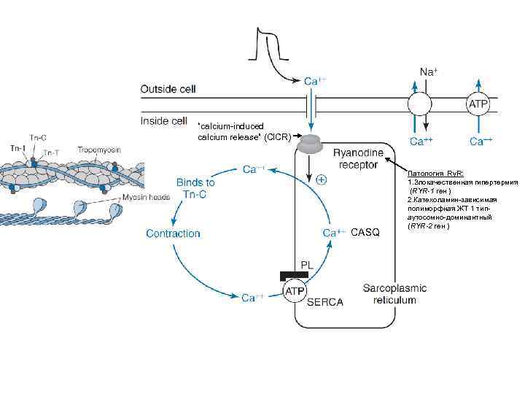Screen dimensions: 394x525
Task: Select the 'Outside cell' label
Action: (168, 90)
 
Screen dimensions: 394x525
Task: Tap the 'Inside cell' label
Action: (164, 121)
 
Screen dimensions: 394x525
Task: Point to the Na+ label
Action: (429, 72)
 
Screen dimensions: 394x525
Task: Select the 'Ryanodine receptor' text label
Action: (355, 158)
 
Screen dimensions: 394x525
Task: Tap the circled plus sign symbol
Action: (322, 179)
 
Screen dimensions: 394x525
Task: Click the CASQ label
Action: (365, 233)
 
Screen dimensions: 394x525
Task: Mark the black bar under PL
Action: (299, 275)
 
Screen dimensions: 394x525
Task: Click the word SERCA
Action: (324, 301)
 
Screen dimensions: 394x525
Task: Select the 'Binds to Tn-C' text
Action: (195, 188)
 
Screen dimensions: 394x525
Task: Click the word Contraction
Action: (173, 233)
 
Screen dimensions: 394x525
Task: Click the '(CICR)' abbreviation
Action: (278, 136)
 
